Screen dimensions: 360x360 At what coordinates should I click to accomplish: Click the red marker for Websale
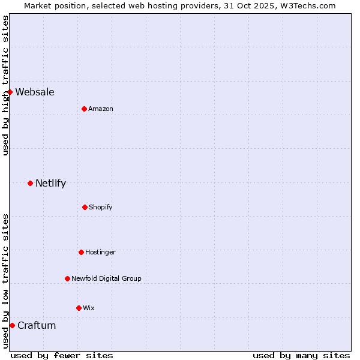[x=10, y=92]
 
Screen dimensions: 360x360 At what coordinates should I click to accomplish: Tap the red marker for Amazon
[x=84, y=109]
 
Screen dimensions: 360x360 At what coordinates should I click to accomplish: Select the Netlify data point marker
[x=30, y=183]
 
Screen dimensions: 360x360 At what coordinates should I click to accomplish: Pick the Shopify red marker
[x=85, y=207]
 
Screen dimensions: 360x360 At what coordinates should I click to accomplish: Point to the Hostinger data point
[x=81, y=252]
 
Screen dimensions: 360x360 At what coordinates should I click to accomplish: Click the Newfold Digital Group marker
[x=67, y=278]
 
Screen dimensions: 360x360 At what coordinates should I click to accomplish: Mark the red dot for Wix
[x=79, y=308]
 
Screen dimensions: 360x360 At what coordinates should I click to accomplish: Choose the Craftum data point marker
[x=12, y=325]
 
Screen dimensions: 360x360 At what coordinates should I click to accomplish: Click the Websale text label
[x=35, y=92]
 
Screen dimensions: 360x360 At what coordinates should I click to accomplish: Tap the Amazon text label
[x=101, y=109]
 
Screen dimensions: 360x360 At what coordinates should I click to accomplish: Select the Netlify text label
[x=50, y=183]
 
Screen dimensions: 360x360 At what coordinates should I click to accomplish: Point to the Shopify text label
[x=101, y=207]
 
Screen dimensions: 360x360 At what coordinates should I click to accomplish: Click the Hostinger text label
[x=100, y=252]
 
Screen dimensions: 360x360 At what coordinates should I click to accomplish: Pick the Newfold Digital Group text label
[x=106, y=278]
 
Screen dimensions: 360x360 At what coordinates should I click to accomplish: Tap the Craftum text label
[x=37, y=325]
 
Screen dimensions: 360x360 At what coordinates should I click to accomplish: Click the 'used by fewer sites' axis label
[x=62, y=355]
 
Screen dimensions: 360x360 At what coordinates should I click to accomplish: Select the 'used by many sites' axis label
[x=301, y=355]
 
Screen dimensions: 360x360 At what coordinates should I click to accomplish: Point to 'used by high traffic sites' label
[x=5, y=85]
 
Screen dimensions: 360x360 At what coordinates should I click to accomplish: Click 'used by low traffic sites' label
[x=5, y=281]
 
